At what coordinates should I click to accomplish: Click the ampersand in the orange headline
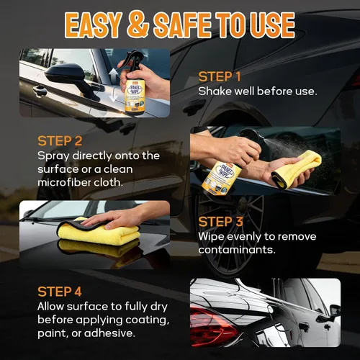(138, 25)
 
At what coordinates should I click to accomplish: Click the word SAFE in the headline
(182, 25)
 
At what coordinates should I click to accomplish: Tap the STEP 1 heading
(220, 77)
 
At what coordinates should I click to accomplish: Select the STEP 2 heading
(60, 141)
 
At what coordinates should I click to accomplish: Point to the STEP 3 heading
(220, 222)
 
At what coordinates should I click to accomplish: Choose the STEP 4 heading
(60, 292)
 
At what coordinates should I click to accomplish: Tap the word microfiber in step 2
(64, 182)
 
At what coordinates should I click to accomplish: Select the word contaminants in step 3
(237, 250)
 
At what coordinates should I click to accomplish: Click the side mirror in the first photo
(66, 76)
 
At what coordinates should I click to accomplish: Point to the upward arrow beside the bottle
(114, 75)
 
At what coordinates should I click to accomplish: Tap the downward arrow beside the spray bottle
(114, 94)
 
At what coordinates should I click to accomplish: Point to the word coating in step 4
(145, 320)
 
